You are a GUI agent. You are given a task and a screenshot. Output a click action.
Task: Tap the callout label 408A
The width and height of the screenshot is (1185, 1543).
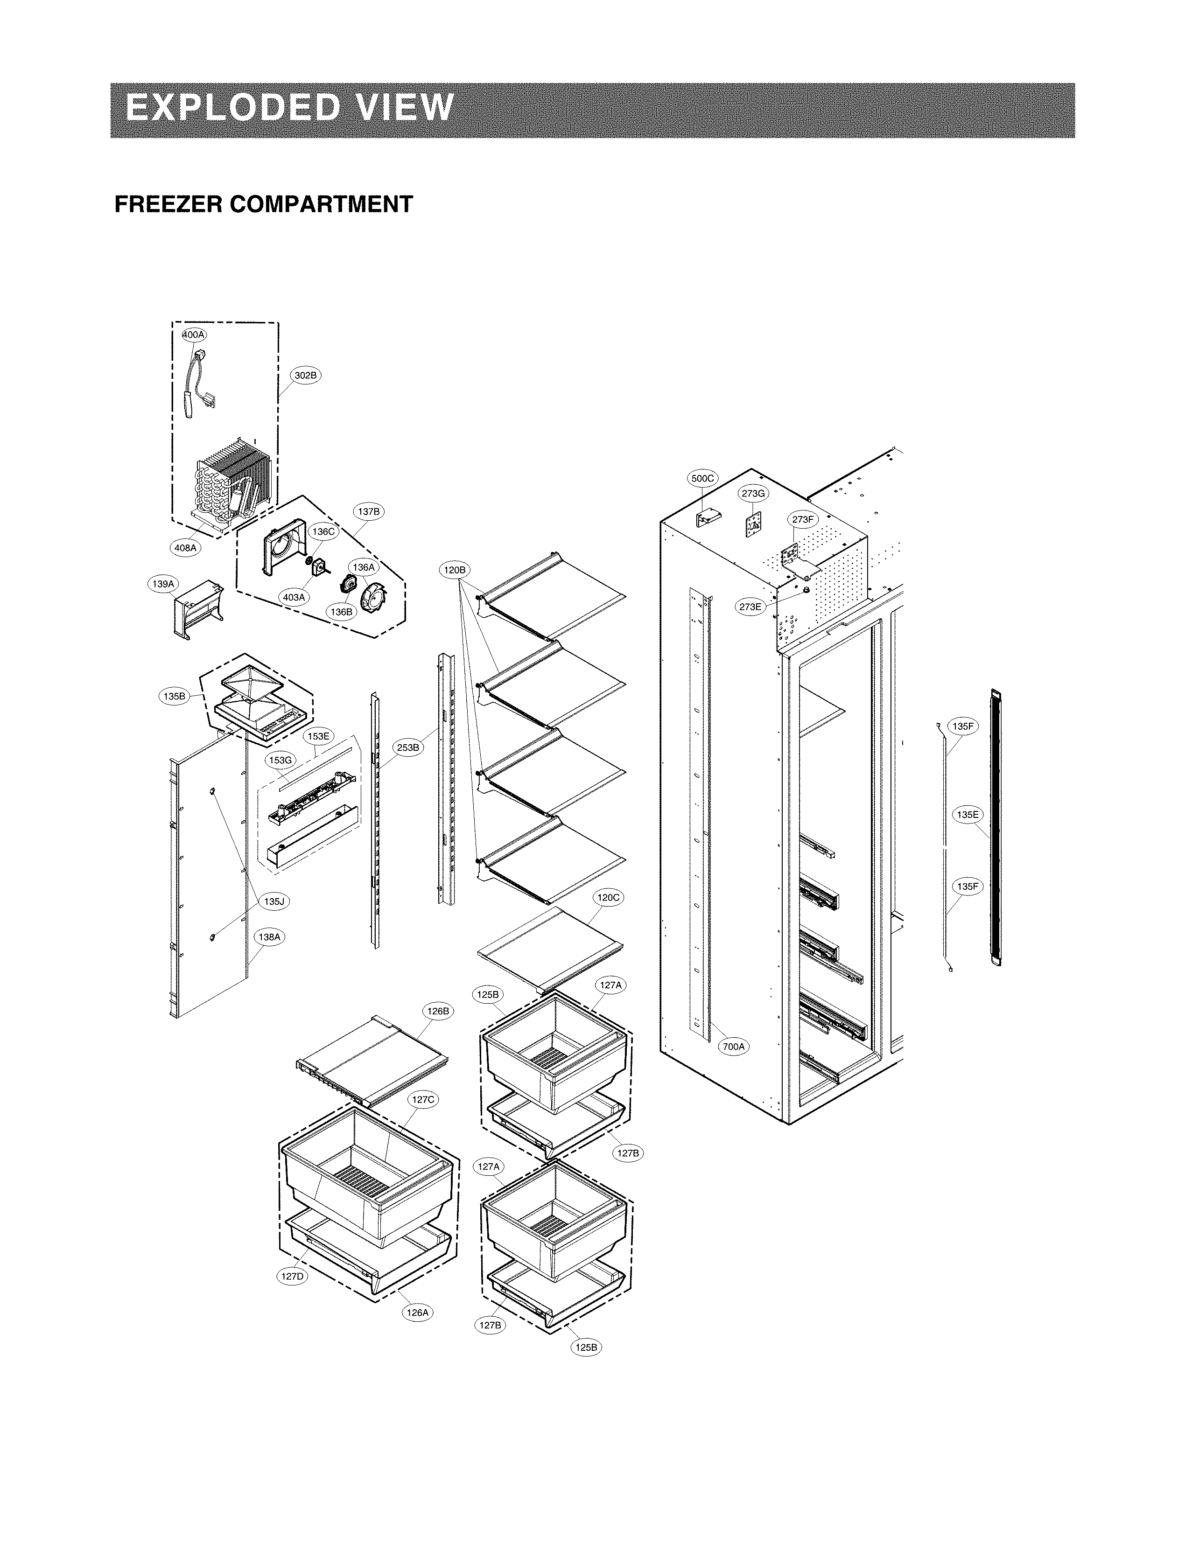[x=185, y=547]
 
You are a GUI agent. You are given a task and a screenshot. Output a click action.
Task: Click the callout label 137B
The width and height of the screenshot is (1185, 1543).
[x=368, y=512]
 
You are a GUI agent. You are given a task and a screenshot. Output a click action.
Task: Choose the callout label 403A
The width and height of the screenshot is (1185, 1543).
[x=294, y=597]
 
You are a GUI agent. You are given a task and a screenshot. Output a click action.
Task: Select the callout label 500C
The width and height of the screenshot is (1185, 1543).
[x=702, y=479]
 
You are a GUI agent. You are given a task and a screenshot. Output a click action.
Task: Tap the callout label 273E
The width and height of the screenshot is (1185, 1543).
[x=750, y=607]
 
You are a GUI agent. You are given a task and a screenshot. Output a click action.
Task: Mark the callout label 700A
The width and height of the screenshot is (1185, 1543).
[x=734, y=1047]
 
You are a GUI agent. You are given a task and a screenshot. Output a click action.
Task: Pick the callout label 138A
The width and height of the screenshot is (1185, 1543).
[x=269, y=937]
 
